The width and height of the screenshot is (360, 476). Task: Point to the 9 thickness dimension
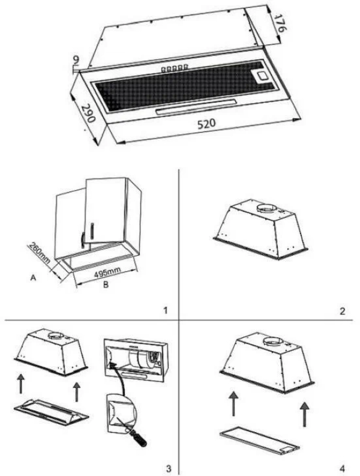pyautogui.click(x=76, y=61)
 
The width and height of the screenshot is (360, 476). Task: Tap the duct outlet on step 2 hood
pyautogui.click(x=268, y=209)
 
